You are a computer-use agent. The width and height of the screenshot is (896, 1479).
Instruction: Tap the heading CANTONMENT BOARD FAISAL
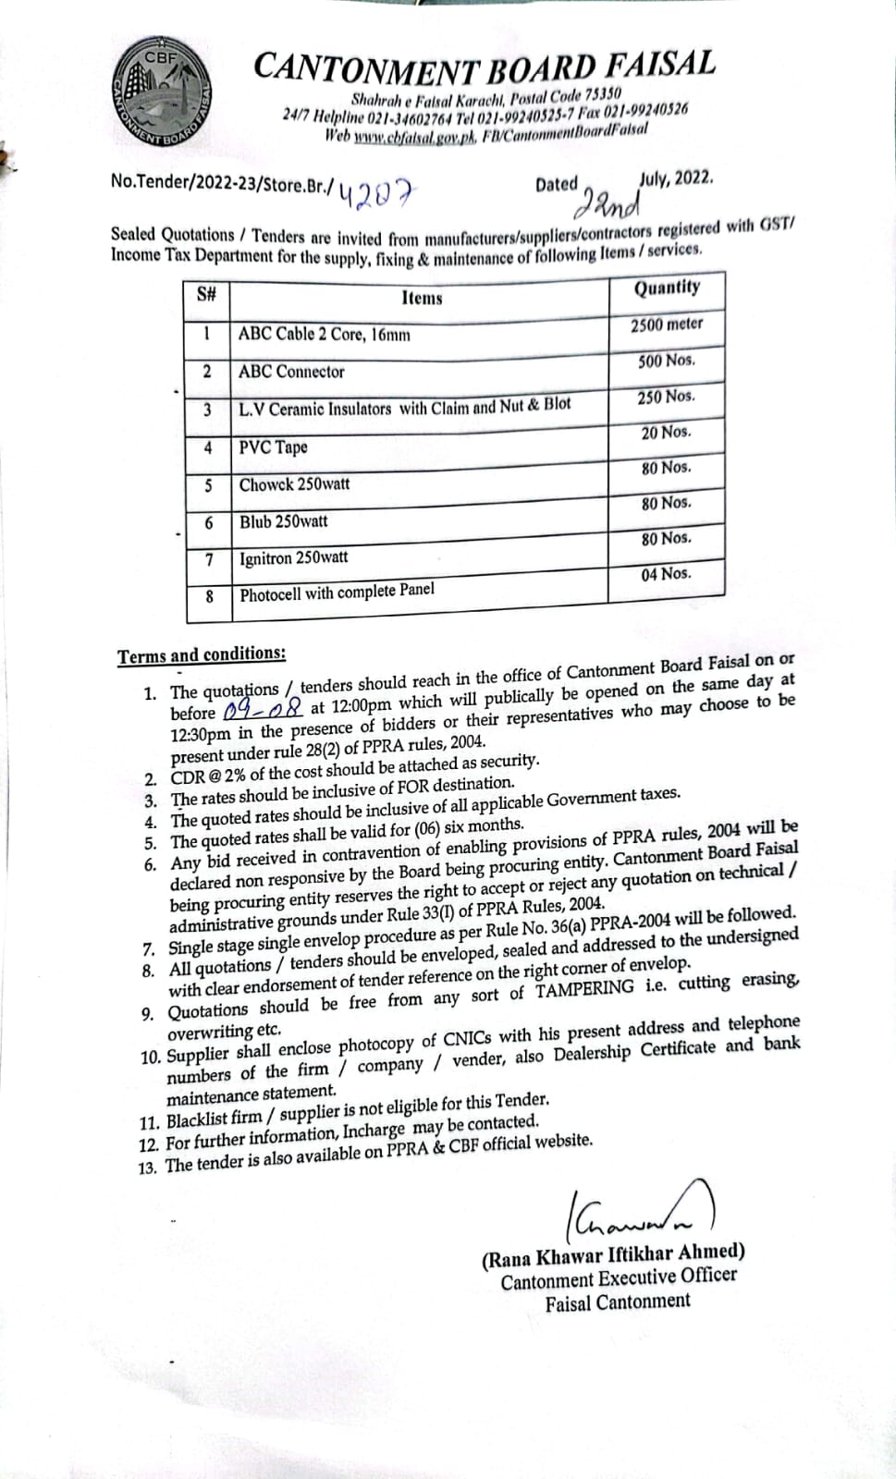[x=484, y=67]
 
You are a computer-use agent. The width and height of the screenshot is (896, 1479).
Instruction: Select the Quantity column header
[x=666, y=288]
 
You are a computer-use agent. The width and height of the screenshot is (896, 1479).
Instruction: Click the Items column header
[x=422, y=298]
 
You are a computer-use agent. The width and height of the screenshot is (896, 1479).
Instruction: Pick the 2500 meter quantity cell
[x=667, y=324]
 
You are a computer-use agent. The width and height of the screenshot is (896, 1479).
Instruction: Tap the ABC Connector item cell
[x=291, y=372]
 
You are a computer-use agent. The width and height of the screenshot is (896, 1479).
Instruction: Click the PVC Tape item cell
[x=273, y=447]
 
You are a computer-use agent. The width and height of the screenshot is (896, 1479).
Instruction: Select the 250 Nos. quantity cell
[x=666, y=397]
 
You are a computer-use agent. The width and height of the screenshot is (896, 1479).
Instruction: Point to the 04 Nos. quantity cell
[x=666, y=574]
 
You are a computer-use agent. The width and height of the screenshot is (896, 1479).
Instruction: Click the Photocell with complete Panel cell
[x=337, y=593]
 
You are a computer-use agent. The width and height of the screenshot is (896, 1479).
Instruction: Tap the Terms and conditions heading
[x=202, y=655]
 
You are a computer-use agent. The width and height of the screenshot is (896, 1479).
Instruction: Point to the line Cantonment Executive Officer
[x=619, y=1278]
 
